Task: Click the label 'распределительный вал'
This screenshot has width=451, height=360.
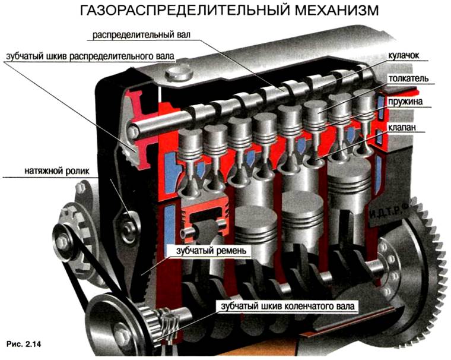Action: (x=141, y=35)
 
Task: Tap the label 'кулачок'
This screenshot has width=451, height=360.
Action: (x=404, y=55)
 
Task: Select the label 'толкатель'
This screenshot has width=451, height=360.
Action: (x=408, y=78)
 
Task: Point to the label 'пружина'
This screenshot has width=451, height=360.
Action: (x=405, y=102)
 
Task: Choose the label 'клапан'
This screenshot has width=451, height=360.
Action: (x=402, y=127)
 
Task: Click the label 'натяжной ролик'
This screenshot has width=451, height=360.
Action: (x=57, y=171)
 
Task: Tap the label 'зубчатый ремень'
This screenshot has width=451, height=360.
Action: (x=211, y=251)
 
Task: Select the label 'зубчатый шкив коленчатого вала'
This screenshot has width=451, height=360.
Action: (x=288, y=306)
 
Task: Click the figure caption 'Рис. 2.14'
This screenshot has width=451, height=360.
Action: (x=24, y=344)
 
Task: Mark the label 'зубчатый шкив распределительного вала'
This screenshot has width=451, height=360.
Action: (x=90, y=56)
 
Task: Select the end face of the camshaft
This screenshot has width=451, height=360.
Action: (x=133, y=132)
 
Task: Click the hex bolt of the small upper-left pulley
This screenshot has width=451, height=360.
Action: (x=62, y=241)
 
